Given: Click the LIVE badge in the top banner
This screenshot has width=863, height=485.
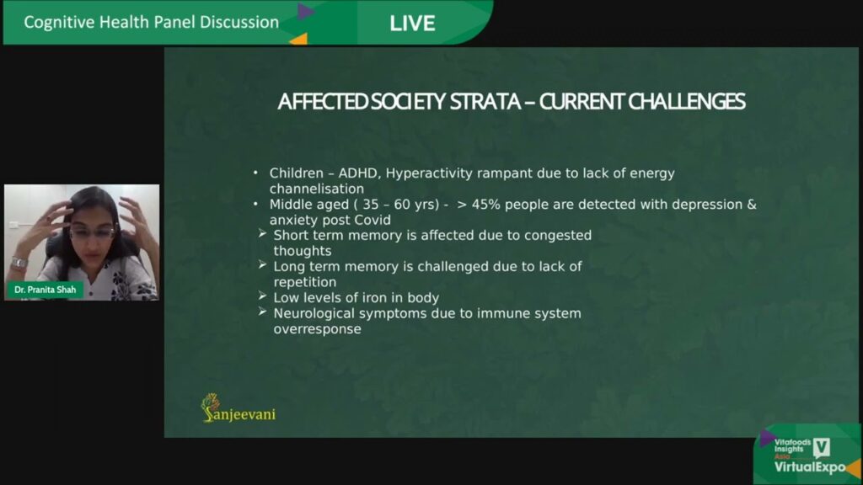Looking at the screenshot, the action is coord(412,23).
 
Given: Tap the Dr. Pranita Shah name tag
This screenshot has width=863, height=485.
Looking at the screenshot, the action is coord(46,290).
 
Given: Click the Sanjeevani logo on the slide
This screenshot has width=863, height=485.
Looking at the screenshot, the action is coord(239,408).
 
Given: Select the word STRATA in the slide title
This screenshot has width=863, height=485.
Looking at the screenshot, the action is coord(485,102).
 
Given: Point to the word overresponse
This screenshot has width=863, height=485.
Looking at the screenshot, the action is coord(318,329).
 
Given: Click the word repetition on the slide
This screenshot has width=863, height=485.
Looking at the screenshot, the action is coord(305,283).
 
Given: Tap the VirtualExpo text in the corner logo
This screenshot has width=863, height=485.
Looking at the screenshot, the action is coord(810,467).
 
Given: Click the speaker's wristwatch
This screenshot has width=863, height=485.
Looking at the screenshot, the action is coord(19,263).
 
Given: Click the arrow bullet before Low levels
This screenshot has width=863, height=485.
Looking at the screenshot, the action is coord(263,296).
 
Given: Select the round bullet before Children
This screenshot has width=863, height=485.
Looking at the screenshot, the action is coord(255,173).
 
